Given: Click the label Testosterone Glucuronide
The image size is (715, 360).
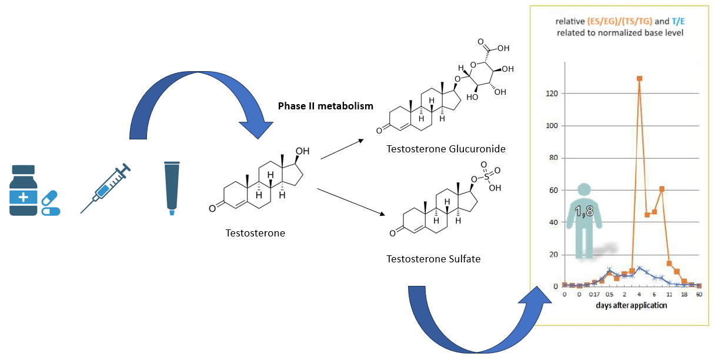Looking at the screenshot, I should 446,148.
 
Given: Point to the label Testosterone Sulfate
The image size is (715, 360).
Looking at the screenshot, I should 433,258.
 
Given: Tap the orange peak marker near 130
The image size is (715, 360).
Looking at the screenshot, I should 639,78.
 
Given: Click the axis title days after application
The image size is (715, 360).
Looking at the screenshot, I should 632,305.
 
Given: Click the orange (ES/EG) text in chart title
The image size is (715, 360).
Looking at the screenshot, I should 593,21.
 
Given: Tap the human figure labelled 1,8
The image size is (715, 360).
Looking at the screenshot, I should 584,221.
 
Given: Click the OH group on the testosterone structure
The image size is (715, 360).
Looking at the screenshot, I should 301,152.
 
